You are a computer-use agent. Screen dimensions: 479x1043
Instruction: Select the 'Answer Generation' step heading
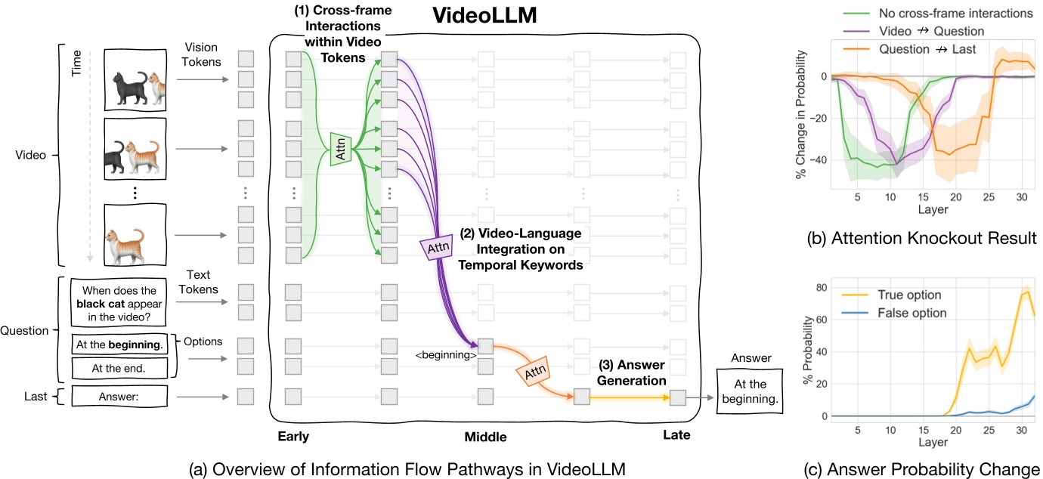point(630,375)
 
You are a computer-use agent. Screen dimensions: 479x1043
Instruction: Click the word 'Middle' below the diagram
point(484,437)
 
